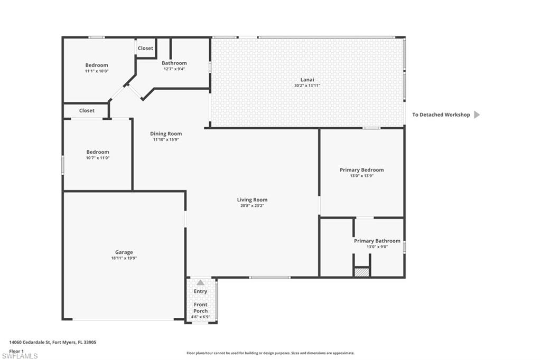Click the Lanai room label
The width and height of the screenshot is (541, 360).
(x=307, y=80)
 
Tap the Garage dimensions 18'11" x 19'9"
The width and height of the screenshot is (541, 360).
(x=124, y=258)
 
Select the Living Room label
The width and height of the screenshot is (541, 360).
(x=252, y=200)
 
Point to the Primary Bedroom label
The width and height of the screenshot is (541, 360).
(x=361, y=170)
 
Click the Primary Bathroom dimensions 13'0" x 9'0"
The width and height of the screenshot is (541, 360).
(x=377, y=247)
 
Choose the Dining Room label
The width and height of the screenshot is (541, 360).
(x=166, y=134)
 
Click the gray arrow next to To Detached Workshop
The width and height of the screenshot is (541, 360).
(x=477, y=115)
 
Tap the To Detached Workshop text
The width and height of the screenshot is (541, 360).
(x=441, y=115)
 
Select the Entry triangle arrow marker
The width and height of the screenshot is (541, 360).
(x=200, y=283)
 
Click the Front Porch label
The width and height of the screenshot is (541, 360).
(x=200, y=308)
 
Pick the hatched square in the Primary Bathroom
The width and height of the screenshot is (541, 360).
(x=361, y=272)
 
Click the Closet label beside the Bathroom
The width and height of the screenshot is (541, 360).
(x=145, y=48)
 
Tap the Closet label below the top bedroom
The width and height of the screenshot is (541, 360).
(x=87, y=111)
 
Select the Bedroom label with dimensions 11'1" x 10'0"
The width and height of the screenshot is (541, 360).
(x=97, y=65)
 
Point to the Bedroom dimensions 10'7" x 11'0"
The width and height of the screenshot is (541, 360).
(x=98, y=158)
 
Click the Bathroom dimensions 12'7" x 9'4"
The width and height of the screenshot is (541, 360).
(x=174, y=69)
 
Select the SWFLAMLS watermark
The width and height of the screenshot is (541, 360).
(x=20, y=356)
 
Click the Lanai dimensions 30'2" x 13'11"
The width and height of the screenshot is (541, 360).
(x=307, y=86)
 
